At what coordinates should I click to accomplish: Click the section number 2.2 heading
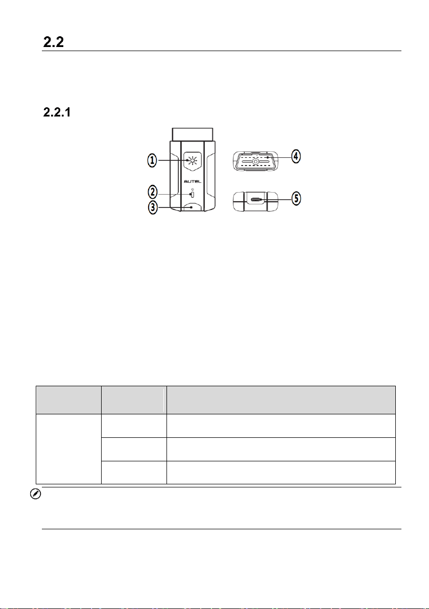[x=54, y=42]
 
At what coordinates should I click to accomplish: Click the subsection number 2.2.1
[x=57, y=112]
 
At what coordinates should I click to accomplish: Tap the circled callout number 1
[x=152, y=160]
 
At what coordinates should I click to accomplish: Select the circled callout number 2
[x=153, y=192]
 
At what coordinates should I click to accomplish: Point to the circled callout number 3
[x=153, y=207]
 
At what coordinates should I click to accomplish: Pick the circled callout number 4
[x=296, y=157]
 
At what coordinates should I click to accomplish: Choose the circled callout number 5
[x=296, y=198]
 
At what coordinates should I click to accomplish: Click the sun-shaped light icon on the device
[x=192, y=160]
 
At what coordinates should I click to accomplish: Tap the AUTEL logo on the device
[x=192, y=181]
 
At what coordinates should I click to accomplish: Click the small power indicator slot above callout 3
[x=192, y=194]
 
